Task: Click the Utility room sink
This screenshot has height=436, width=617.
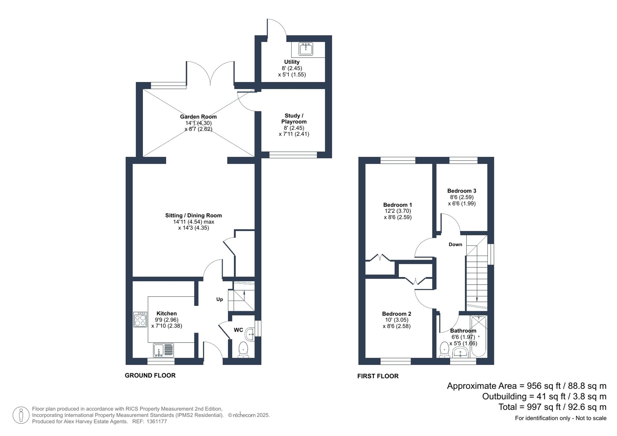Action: coord(306,49)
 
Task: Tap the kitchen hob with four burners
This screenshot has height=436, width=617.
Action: coord(140,319)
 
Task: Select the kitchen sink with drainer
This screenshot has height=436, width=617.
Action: coord(163,351)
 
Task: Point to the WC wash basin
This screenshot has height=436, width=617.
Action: coord(250,334)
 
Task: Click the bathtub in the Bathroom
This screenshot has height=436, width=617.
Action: coord(478,336)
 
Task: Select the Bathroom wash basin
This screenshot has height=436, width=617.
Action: coord(460,352)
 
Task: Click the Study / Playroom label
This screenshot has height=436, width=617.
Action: coord(294,119)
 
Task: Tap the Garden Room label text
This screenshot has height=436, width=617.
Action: coord(198,117)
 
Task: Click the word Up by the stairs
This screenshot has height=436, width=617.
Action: coord(219,299)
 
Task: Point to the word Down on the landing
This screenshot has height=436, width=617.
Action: coord(455,244)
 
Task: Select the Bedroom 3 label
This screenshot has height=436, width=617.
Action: coord(462,191)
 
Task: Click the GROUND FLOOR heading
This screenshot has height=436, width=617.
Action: coord(150,375)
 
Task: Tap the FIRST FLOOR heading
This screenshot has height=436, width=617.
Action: coord(378,376)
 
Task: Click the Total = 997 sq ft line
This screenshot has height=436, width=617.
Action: coord(552,407)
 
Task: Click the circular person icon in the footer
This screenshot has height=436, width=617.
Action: coord(21,415)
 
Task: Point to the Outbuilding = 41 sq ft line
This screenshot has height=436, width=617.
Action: coord(544,397)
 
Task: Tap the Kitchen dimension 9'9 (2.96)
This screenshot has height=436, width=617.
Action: coord(167,320)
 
